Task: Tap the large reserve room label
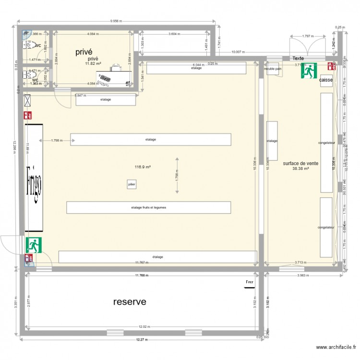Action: pos(130,302)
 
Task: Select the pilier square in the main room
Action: pos(131,184)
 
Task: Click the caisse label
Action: pos(326,80)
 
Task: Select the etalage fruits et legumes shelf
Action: pos(148,207)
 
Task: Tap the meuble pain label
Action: pos(273,69)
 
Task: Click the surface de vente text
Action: pos(300,163)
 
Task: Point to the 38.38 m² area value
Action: pos(300,168)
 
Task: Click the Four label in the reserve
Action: pos(249,282)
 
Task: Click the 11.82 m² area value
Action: pos(93,63)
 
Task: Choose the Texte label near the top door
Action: pos(299,58)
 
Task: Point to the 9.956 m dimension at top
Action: pos(115,21)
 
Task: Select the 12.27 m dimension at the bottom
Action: pos(141,339)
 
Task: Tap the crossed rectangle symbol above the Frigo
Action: pos(27,101)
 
